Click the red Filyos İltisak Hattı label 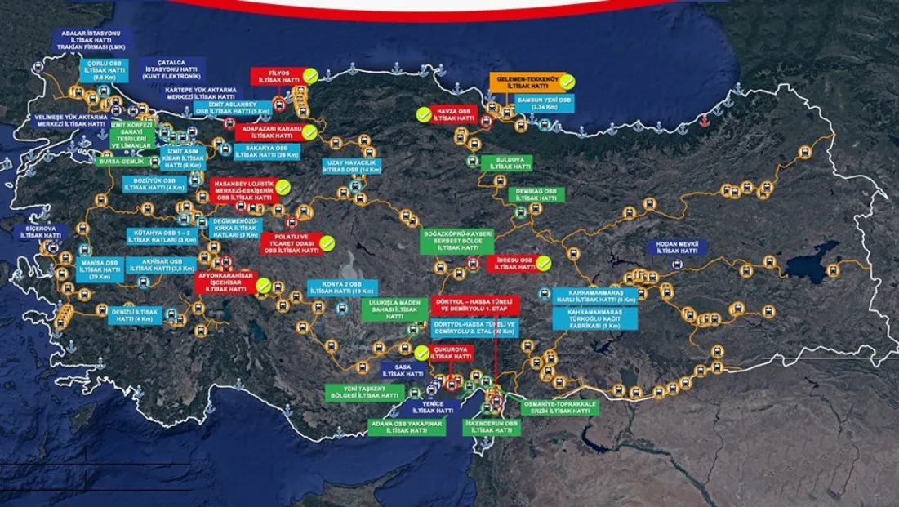click(x=275, y=77)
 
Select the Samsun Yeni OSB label click(x=544, y=103)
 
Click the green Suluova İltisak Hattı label click(x=506, y=163)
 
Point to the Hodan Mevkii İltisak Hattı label click(x=677, y=247)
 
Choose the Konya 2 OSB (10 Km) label click(x=341, y=287)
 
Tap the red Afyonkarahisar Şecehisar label click(x=225, y=282)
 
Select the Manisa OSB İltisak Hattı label click(x=100, y=269)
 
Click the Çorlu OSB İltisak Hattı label click(x=105, y=70)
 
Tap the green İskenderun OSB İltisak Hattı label click(x=491, y=427)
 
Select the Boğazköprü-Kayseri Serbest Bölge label click(x=457, y=240)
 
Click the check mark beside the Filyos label click(x=310, y=77)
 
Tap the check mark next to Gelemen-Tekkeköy click(x=567, y=82)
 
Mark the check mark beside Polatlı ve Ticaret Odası click(x=327, y=242)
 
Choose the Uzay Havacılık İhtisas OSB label click(x=353, y=167)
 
